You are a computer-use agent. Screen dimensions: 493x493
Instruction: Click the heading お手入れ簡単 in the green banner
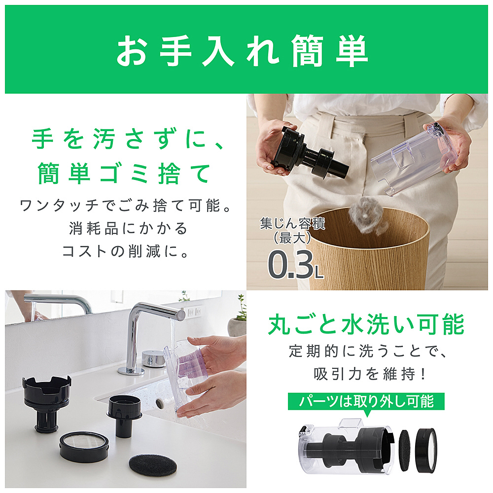pyautogui.click(x=242, y=50)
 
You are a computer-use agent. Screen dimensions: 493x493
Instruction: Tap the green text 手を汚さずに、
pyautogui.click(x=127, y=139)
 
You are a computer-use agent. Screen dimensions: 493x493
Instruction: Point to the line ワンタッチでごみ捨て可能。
pyautogui.click(x=126, y=206)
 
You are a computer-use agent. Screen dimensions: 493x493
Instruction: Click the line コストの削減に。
pyautogui.click(x=126, y=251)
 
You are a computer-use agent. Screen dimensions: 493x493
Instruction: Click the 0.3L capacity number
pyautogui.click(x=295, y=264)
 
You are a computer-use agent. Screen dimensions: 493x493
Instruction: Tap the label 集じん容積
pyautogui.click(x=292, y=223)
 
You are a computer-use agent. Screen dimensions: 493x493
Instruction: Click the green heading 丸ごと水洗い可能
pyautogui.click(x=366, y=324)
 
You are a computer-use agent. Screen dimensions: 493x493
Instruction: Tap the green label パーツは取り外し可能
pyautogui.click(x=366, y=401)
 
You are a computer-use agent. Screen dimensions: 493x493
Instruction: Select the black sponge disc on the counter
pyautogui.click(x=153, y=465)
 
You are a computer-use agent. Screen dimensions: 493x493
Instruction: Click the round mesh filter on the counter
pyautogui.click(x=84, y=446)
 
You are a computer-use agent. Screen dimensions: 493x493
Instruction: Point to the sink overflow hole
pyautogui.click(x=160, y=403)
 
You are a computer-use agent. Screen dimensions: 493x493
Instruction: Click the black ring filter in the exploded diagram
pyautogui.click(x=426, y=450)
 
